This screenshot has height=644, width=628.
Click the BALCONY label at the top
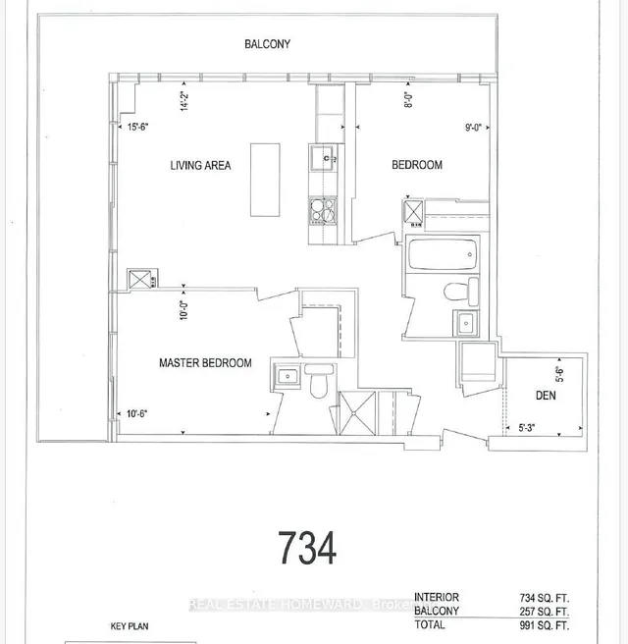point(267,44)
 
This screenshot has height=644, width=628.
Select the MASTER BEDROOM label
point(205,363)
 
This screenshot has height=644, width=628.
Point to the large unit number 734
point(307,547)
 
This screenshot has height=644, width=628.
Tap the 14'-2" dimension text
point(183,101)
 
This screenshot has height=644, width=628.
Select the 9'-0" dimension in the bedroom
point(473,127)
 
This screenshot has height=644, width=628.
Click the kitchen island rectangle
point(265,180)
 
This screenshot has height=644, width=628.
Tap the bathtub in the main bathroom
point(442,257)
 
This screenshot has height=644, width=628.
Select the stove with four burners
point(323,210)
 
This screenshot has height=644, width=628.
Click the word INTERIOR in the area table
point(437,597)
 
